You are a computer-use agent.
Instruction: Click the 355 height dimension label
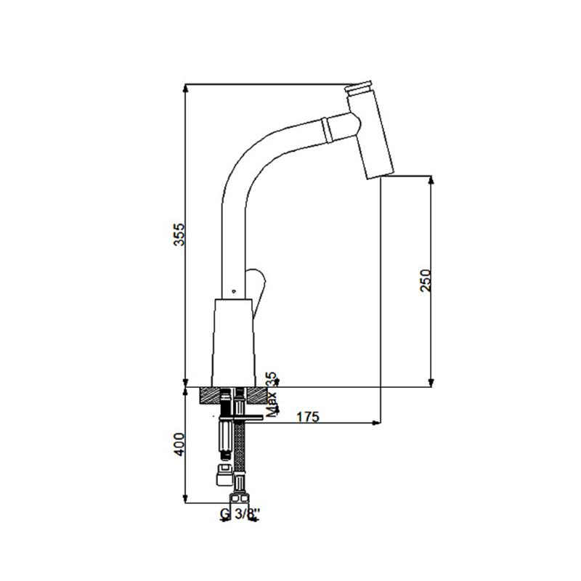179,234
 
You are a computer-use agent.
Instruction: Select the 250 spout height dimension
426,280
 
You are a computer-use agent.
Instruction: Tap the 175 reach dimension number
307,417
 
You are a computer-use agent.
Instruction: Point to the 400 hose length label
179,444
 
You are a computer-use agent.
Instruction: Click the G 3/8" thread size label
240,513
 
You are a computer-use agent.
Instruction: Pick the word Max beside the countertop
272,405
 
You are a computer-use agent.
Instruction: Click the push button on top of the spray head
358,87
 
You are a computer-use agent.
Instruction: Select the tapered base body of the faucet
234,343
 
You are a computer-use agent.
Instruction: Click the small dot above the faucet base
233,291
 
